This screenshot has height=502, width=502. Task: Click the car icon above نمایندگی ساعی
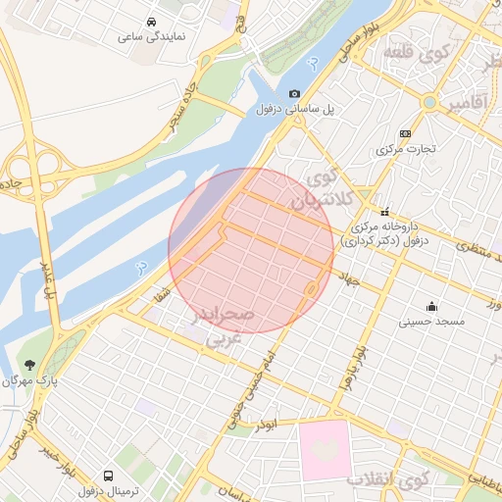click(151, 21)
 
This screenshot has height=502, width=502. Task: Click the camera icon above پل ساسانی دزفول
click(293, 94)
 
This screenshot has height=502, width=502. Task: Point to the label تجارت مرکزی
click(405, 150)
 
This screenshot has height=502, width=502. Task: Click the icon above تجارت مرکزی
click(405, 134)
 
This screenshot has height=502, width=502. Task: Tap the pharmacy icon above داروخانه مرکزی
click(385, 211)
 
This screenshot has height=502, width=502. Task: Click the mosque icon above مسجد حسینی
click(432, 305)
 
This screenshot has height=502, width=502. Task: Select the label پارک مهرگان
click(29, 380)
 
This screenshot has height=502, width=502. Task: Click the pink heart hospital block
click(325, 448)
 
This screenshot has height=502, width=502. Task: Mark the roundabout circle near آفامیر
click(429, 102)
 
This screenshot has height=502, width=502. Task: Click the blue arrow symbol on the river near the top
click(312, 63)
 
